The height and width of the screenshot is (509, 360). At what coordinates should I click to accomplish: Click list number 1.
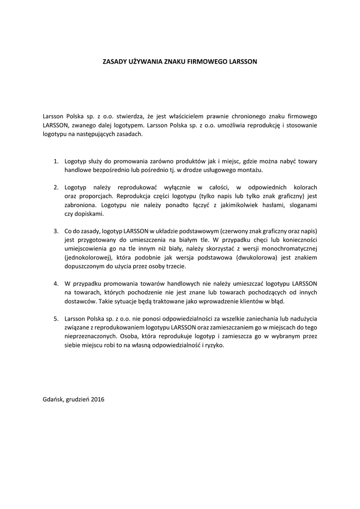(x=56, y=161)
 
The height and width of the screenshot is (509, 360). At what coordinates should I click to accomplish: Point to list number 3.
(x=56, y=231)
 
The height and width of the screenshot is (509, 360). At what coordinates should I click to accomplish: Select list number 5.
(x=56, y=318)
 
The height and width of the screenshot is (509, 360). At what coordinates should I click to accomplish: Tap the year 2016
(x=98, y=399)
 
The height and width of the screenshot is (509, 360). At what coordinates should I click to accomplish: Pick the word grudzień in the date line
(x=78, y=399)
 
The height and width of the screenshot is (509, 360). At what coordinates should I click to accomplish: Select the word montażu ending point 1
(x=250, y=170)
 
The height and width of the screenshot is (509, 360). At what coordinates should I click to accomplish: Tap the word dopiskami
(x=90, y=214)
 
